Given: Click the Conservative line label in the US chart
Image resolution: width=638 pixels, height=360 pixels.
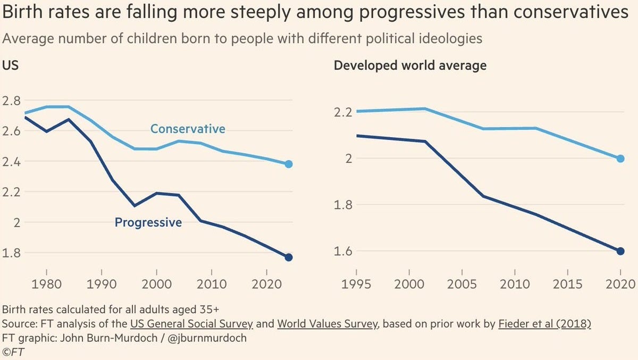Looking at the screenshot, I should tap(188, 129).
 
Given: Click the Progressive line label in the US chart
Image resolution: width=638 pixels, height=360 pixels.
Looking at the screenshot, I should tap(148, 222).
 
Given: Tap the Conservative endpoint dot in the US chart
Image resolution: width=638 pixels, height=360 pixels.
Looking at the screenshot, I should tap(289, 164).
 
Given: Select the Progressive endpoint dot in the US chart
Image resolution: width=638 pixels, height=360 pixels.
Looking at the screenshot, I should tap(289, 257).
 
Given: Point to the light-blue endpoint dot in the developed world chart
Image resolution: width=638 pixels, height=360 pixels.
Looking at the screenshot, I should tap(620, 158).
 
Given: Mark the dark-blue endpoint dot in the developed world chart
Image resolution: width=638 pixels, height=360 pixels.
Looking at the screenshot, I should tap(620, 251).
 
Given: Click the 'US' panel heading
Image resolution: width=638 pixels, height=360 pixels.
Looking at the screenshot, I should tap(11, 66).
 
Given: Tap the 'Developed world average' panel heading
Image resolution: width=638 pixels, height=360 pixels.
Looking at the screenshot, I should tap(410, 66).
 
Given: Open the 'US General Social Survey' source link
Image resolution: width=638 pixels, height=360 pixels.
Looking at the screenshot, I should tap(191, 324).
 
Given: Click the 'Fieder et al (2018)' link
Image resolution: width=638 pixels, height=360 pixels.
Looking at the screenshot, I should tap(544, 324).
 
